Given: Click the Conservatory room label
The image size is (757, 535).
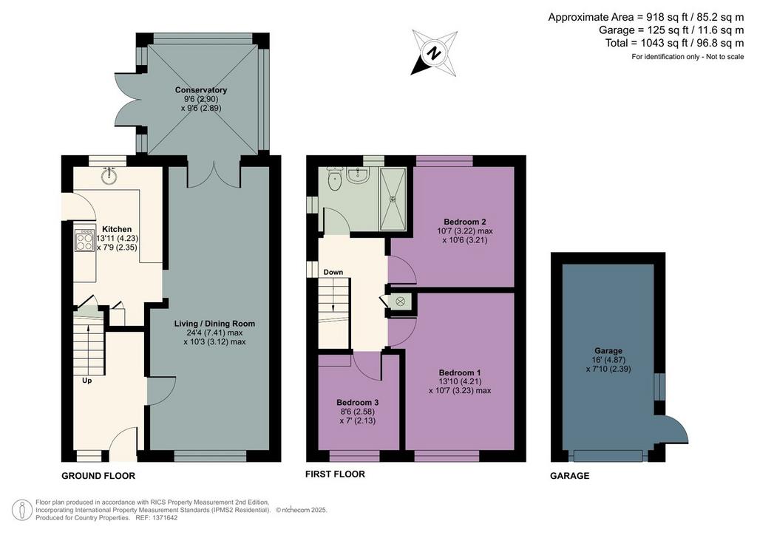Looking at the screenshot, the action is click(201, 90).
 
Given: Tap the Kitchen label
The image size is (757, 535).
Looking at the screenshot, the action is click(117, 229).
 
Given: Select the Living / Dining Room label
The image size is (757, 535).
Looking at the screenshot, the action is click(214, 324).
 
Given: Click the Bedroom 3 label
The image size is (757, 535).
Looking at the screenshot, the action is click(357, 402).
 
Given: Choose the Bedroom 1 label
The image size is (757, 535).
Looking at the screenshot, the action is click(460, 372).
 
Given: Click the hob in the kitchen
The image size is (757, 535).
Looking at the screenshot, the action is click(84, 240).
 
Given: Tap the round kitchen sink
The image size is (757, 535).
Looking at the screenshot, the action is click(109, 176).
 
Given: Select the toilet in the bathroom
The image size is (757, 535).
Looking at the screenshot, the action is click(334, 180).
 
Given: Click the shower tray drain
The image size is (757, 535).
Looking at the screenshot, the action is click(393, 198).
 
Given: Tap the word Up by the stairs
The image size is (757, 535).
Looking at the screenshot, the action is click(87, 381).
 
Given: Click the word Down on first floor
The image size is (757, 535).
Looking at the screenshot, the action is click(333, 272).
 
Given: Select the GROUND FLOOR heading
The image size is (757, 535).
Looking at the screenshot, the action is click(98, 476).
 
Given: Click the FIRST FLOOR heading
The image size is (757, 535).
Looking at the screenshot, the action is click(335, 474).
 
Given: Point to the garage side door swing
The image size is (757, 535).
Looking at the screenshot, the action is click(676, 429).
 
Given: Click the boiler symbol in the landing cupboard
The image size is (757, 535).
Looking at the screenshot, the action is click(400, 301).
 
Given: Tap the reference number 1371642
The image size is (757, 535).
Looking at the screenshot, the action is click(164, 518).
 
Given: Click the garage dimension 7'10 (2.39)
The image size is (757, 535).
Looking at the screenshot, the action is click(608, 369).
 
